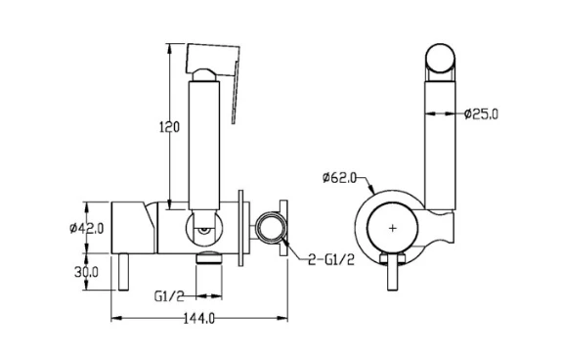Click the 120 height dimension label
pyautogui.click(x=169, y=127)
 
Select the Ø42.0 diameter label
pyautogui.click(x=87, y=228)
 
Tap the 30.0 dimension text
pyautogui.click(x=86, y=272)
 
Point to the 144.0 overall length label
pyautogui.click(x=199, y=318)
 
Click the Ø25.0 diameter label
pyautogui.click(x=481, y=114)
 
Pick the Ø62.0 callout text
pyautogui.click(x=339, y=178)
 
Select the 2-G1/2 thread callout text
pyautogui.click(x=331, y=259)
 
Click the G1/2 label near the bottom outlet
pyautogui.click(x=169, y=296)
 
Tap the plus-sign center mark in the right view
pyautogui.click(x=393, y=228)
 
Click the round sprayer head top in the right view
pyautogui.click(x=440, y=58)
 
